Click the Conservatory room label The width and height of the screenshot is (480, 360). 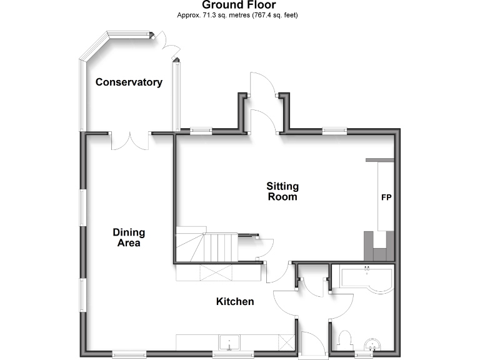pos(129,82)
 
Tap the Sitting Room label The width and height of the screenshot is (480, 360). pos(282,191)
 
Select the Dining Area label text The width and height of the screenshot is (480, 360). pos(129,237)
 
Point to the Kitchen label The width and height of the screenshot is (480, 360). pos(235,302)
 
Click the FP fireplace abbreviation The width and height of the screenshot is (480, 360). pos(386,197)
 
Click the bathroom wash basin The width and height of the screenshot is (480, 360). pos(373,344)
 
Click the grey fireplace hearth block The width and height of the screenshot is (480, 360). pos(379,246)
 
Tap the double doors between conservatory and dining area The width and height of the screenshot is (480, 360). pos(130,141)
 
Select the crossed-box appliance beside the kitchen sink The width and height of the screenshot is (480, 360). pos(287,342)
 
